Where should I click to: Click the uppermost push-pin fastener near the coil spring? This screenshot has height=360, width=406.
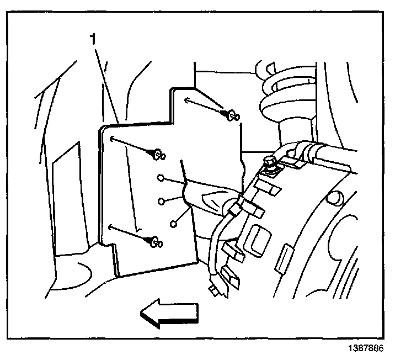[x=231, y=115]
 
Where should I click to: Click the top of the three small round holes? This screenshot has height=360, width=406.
[x=161, y=178]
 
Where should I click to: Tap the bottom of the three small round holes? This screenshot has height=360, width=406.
[x=174, y=224]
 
